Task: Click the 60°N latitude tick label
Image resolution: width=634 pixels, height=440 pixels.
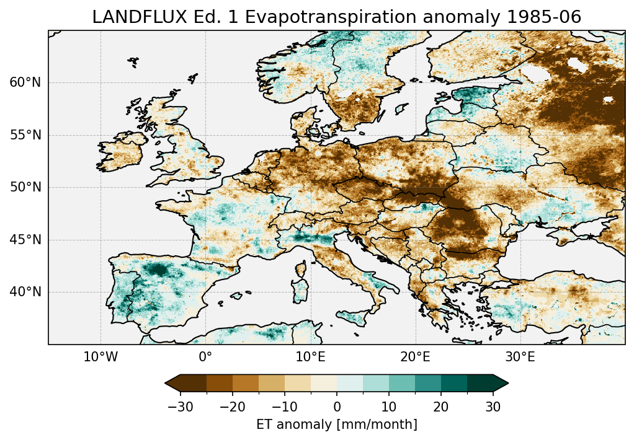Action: click(x=25, y=82)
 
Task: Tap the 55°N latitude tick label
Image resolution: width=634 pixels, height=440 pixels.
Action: click(x=25, y=135)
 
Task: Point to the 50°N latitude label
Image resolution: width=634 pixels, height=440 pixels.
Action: click(x=25, y=187)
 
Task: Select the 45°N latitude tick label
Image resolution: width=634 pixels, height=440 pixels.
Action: click(x=25, y=240)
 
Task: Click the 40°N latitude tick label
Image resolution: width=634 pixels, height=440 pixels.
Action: click(x=25, y=292)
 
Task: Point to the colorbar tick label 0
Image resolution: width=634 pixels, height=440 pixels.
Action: click(x=337, y=407)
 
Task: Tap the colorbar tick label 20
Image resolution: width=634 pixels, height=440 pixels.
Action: click(x=441, y=407)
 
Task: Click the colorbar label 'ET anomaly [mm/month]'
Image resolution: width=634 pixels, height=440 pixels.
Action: click(x=337, y=425)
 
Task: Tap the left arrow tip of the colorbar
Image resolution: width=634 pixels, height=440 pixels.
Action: click(x=166, y=383)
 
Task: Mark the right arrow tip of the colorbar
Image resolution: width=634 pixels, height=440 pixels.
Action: click(x=507, y=383)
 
